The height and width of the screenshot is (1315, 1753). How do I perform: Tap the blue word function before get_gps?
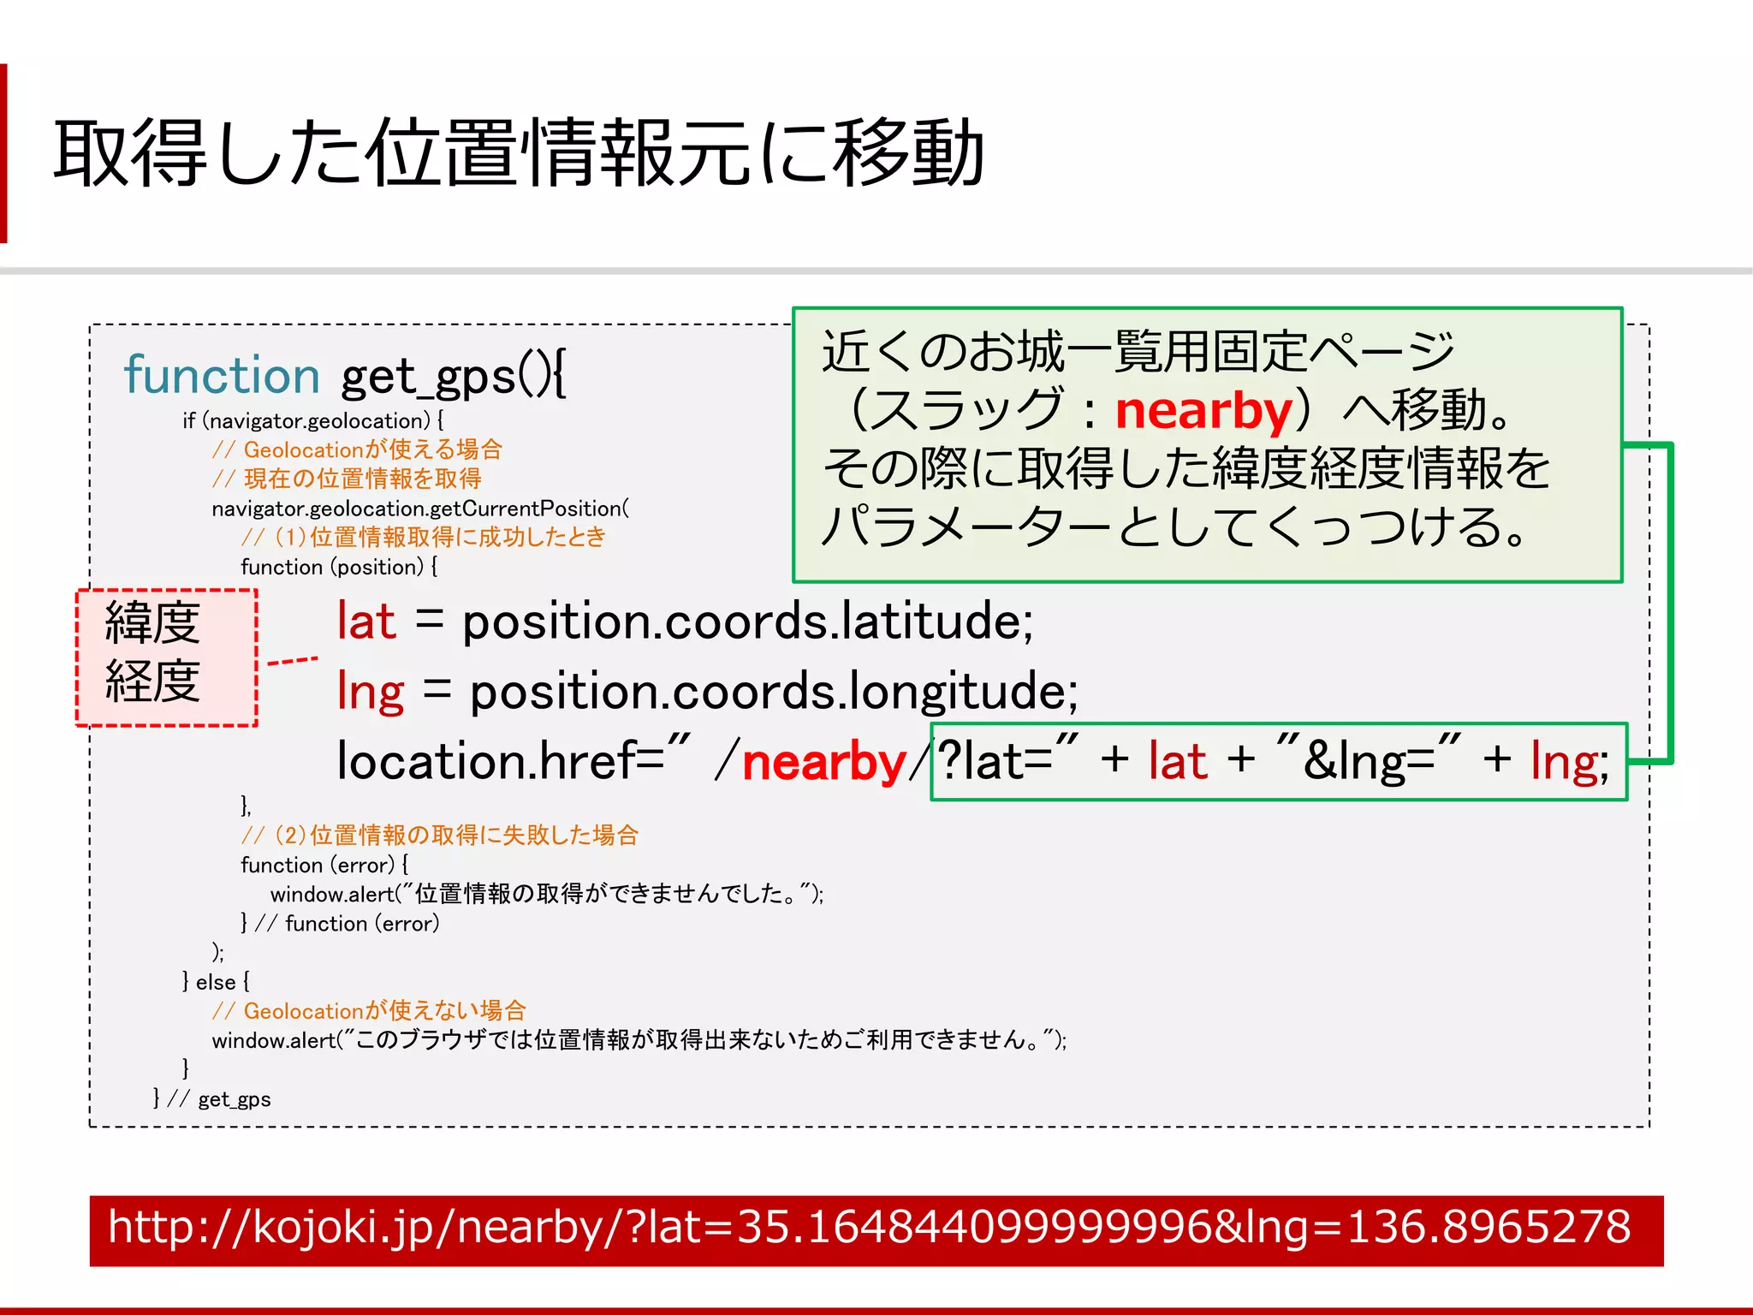click(222, 376)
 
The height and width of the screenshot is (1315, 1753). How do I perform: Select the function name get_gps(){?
click(453, 377)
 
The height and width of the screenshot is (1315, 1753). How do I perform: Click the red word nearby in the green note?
click(1203, 411)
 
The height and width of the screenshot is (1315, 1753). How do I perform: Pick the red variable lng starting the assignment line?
click(370, 692)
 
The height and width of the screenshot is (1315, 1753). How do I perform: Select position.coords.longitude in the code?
click(774, 692)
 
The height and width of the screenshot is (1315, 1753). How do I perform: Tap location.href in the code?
click(489, 761)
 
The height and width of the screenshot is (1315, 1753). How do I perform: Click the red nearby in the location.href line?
click(823, 762)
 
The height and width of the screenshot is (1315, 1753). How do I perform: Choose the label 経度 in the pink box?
click(152, 681)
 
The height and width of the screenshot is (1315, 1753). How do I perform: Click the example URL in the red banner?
click(869, 1227)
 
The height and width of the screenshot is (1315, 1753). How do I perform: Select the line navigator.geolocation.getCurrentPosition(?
click(420, 509)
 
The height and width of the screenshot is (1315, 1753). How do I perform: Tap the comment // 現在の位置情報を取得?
click(347, 479)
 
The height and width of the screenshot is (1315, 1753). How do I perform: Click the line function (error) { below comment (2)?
click(324, 865)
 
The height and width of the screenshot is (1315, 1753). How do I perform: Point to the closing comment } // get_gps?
click(212, 1099)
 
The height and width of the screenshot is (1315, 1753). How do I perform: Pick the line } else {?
click(216, 982)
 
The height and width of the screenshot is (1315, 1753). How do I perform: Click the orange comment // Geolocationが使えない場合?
click(369, 1011)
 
